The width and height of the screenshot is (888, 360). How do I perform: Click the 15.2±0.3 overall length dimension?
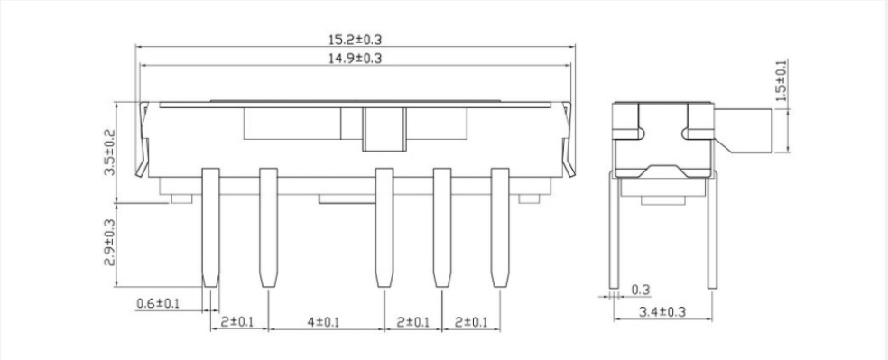click(x=355, y=40)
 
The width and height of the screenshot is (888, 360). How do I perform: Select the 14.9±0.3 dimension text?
click(x=355, y=58)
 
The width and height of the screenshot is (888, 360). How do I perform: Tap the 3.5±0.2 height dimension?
click(x=109, y=152)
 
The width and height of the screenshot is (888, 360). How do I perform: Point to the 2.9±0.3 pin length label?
click(x=109, y=243)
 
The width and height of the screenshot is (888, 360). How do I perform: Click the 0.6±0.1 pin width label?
click(x=158, y=303)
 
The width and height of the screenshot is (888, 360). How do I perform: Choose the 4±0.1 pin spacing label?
click(x=323, y=322)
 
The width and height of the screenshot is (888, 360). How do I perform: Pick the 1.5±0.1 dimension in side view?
click(x=781, y=80)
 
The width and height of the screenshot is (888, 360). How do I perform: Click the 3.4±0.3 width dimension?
click(x=662, y=311)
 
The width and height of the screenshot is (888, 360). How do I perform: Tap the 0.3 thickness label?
click(x=641, y=291)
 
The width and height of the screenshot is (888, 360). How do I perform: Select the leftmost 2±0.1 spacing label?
click(x=237, y=322)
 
